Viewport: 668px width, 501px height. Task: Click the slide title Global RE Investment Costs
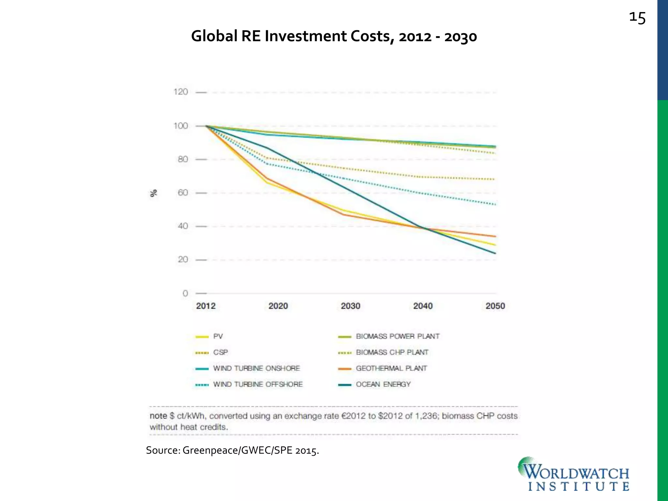click(x=334, y=36)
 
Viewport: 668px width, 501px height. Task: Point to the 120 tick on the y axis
click(x=181, y=92)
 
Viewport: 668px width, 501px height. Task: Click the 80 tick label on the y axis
click(x=183, y=159)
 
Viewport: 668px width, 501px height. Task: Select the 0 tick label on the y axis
click(x=185, y=293)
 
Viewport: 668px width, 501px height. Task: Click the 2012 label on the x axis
click(x=206, y=306)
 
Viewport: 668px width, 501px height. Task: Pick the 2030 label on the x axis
click(x=350, y=306)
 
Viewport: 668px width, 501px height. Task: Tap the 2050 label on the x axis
click(x=495, y=306)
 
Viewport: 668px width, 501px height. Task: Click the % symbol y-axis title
click(x=153, y=193)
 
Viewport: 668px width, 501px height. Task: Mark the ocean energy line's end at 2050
click(x=495, y=253)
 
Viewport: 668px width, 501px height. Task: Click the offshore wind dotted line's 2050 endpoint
click(x=495, y=205)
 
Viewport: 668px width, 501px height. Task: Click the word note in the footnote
click(x=158, y=416)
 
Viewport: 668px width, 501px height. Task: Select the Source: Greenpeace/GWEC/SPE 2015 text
click(x=232, y=450)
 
